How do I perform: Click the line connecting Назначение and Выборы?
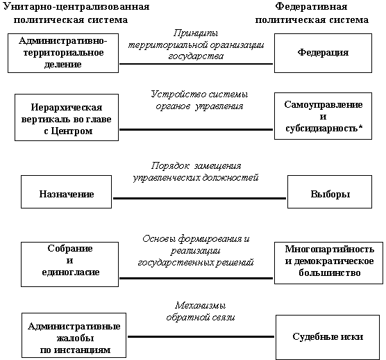point(199,198)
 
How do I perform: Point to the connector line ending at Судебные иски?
point(201,336)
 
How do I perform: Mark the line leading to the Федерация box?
point(196,64)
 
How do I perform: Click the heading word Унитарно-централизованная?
point(76,7)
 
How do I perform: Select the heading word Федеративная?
point(311,7)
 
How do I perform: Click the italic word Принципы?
point(196,33)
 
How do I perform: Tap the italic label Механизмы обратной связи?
point(201,311)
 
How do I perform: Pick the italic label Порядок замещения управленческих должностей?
point(196,172)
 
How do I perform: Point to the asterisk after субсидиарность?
point(360,127)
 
